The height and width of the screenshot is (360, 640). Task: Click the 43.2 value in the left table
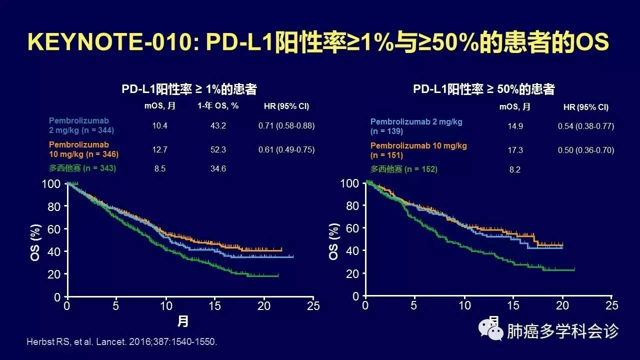[218, 125]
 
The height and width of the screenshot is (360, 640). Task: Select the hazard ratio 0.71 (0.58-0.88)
[286, 125]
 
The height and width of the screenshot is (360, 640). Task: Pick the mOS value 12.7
[160, 149]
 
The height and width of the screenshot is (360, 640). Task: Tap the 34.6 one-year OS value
[218, 168]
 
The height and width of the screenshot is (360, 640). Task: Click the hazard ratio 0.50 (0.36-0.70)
[586, 150]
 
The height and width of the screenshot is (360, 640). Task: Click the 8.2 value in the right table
[514, 169]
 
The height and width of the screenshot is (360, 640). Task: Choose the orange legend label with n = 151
[418, 150]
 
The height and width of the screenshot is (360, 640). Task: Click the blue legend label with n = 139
[416, 126]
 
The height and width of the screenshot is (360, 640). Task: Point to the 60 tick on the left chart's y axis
[54, 228]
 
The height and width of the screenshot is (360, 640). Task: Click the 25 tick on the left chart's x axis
[313, 306]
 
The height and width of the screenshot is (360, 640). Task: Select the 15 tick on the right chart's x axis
[513, 305]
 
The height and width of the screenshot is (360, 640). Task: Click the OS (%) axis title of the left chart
[34, 240]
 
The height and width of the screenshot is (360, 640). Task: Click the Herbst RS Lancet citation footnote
[122, 342]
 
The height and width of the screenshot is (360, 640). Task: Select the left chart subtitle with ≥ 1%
[189, 89]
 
